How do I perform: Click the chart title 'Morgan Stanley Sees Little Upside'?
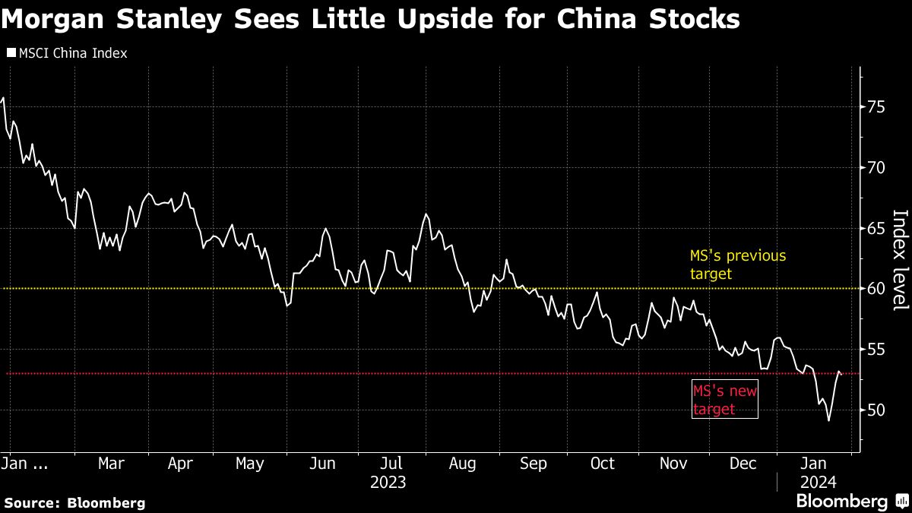coord(370,20)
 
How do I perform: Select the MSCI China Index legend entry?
coord(66,53)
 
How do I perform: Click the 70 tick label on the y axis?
coord(876,167)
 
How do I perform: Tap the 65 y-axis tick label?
coord(876,228)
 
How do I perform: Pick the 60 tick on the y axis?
coord(876,289)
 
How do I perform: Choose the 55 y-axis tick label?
coord(876,350)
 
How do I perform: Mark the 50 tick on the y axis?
coord(876,410)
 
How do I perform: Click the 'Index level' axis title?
coord(900,259)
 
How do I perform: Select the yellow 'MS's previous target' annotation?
coord(737,264)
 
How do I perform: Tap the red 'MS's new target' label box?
coord(725,400)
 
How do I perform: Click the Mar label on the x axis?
coord(112,464)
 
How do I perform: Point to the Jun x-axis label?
coord(322,464)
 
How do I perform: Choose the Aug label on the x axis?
coord(462,464)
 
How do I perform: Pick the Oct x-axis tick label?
coord(603,464)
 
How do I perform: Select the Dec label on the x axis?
coord(743,464)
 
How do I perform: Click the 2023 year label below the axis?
coord(388,482)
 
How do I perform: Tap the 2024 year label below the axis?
coord(818,482)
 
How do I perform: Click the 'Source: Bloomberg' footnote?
coord(74,502)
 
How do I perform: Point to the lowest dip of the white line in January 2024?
coord(828,420)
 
